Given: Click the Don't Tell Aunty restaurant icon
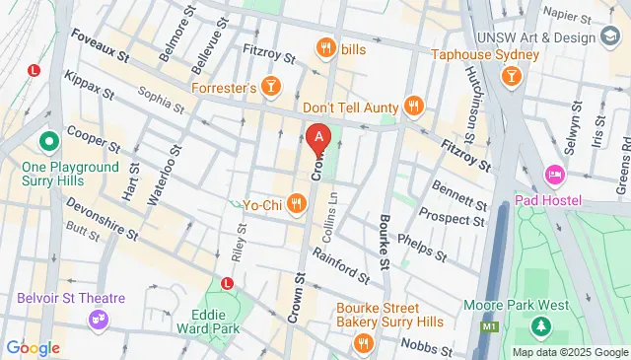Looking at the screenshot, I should (x=413, y=107).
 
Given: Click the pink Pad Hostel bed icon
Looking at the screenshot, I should (x=555, y=176).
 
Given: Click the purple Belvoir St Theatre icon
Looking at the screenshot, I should (x=98, y=318).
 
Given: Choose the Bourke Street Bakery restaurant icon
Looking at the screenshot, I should (x=364, y=342).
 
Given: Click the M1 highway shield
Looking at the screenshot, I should (x=487, y=323).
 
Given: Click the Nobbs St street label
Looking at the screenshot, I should (x=427, y=347).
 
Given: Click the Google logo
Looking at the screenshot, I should (x=33, y=347).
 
